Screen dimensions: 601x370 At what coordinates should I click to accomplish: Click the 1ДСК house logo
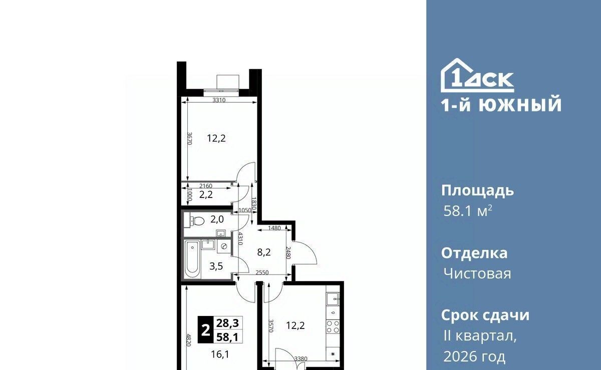coord(477,75)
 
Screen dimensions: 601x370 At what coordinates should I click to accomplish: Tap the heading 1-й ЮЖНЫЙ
coord(501,104)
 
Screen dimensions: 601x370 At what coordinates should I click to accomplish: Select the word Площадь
coord(478,191)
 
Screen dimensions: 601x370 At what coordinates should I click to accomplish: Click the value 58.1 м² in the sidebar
coord(468,211)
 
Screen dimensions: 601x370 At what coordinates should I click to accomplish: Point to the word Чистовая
coord(477,274)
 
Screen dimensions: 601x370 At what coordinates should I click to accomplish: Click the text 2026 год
coord(474,356)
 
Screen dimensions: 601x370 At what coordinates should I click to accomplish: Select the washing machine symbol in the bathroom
coord(224,246)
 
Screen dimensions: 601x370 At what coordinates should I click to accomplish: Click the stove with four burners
coord(333,327)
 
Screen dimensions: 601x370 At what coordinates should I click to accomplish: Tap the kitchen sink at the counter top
coord(333,299)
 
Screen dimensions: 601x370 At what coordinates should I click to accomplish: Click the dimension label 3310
coord(219,100)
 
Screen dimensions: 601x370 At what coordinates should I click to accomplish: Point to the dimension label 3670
coord(189,138)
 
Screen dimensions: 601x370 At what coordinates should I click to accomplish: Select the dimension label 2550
coord(262,272)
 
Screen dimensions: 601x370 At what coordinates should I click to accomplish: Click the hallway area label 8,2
coord(264,252)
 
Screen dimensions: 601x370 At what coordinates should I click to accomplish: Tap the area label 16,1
coord(220,354)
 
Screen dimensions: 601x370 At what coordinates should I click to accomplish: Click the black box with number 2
coord(205,330)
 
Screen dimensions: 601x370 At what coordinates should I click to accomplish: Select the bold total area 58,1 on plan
coord(227,337)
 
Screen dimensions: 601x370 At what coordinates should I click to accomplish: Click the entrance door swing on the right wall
coord(306,253)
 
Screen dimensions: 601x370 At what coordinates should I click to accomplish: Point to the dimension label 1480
coord(274,228)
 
